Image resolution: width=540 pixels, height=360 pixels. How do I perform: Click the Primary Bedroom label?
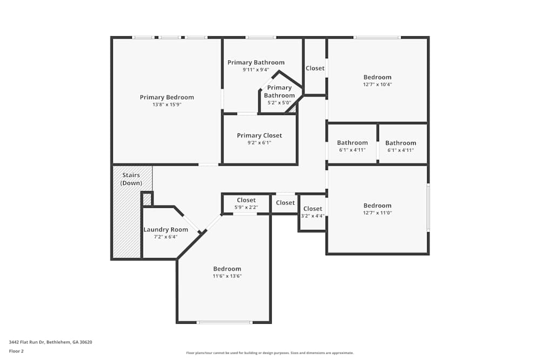point(166,97)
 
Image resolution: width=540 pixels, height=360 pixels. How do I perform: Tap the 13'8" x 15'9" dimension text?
point(166,105)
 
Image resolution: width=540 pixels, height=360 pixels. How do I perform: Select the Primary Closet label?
point(259,135)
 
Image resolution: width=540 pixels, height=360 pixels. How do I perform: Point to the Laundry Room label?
point(165,229)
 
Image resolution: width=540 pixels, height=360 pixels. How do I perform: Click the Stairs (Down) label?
point(131,179)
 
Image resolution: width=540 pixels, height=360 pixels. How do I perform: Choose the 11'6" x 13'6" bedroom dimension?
point(227,276)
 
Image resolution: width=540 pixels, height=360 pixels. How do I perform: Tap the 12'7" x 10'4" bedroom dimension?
point(377,84)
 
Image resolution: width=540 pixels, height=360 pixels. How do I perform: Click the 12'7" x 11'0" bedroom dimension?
point(377,213)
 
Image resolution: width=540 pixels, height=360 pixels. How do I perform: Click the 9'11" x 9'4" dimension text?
point(255,70)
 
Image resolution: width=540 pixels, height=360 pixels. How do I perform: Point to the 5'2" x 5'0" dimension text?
point(279,103)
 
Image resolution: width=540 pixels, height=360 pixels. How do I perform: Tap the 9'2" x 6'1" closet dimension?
point(259,143)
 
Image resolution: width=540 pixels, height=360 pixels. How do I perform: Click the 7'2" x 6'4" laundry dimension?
point(165,237)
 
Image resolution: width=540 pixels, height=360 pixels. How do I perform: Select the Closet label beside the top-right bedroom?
point(315,68)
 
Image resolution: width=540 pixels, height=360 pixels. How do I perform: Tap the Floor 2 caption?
point(16,351)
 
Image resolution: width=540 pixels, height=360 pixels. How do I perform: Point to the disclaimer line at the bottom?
point(270,353)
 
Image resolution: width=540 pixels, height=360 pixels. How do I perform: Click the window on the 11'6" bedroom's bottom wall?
point(224,322)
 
